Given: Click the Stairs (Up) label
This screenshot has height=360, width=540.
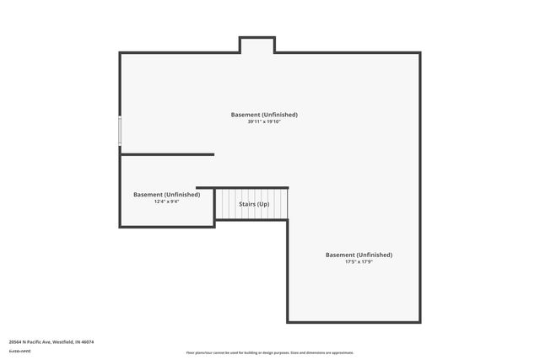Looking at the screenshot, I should pos(254,205).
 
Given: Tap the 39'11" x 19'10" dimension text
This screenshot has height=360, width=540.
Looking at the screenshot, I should pos(264,122).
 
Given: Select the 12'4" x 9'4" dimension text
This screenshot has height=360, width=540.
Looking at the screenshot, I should pos(167,201).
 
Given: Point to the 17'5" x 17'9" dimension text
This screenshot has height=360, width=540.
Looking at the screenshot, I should pos(359,262).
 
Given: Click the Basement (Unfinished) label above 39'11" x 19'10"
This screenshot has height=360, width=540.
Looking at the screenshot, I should pos(264,115).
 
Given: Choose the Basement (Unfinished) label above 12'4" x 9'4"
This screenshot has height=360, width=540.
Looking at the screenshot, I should pos(167,195).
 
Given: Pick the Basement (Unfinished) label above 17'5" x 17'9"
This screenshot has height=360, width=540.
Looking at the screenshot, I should pos(359,255).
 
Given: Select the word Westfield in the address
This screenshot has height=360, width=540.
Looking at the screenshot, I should pos(63,341).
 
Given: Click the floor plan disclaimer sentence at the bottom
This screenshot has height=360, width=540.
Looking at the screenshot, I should pos(270,352).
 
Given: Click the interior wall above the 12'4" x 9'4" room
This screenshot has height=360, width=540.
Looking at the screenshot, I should pos(167,154).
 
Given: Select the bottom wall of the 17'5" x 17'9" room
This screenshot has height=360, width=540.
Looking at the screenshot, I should pos(354,322).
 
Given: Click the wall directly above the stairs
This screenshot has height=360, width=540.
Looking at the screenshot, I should pos(243,188).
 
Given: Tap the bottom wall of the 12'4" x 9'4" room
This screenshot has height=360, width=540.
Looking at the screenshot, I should pos(167,226).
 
